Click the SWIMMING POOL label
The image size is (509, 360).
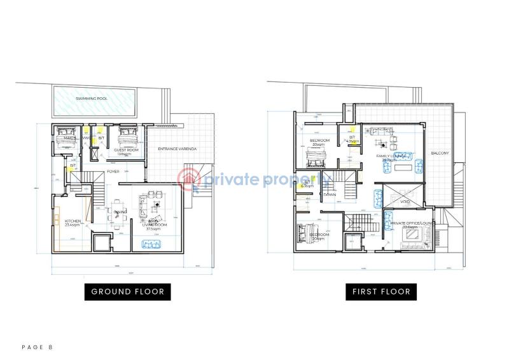point(91,99)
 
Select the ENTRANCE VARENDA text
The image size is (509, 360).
point(178,149)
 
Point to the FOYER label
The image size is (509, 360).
point(113,171)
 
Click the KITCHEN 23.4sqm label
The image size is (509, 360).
point(73,223)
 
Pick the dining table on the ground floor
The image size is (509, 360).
point(118,212)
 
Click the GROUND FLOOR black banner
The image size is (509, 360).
point(127,292)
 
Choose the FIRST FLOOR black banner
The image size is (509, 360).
point(381,292)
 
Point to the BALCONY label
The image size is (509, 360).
point(440,153)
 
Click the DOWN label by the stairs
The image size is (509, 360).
point(330,194)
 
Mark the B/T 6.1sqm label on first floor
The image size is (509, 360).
point(307,184)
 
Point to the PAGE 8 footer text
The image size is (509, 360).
point(38,347)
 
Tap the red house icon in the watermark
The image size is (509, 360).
point(189,179)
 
